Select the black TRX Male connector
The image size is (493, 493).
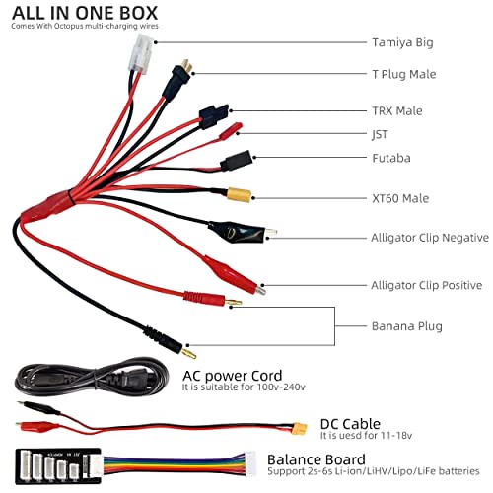click(x=213, y=117)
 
